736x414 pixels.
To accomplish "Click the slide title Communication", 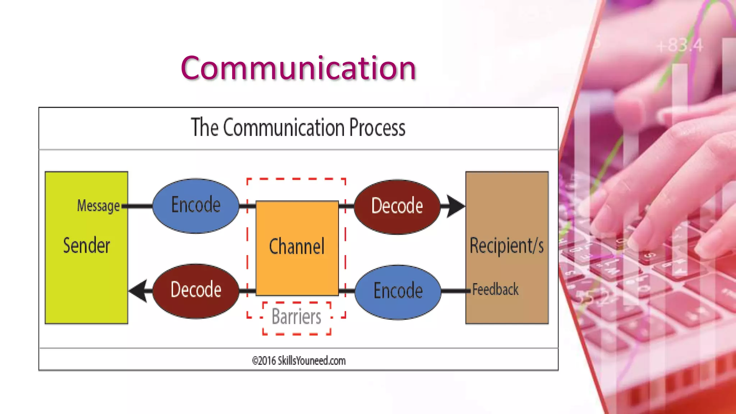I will pos(298,68).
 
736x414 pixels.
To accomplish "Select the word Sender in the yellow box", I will pos(86,246).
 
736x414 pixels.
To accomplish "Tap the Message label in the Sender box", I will pos(98,206).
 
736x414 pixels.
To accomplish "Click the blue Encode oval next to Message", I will pos(195,206).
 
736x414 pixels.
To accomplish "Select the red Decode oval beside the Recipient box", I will pos(397,206).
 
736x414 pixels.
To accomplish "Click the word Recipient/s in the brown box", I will pos(506,246).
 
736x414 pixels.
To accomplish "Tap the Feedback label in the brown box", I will pos(495,290).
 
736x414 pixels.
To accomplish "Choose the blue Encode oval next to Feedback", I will pos(397,291).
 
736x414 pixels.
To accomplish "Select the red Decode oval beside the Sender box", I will pos(195,290).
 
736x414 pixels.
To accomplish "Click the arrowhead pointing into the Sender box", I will pos(138,290).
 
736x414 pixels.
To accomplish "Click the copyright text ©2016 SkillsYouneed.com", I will pos(299,360).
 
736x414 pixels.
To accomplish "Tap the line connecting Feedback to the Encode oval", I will pos(455,291).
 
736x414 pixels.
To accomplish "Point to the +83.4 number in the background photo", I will pos(679,46).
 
